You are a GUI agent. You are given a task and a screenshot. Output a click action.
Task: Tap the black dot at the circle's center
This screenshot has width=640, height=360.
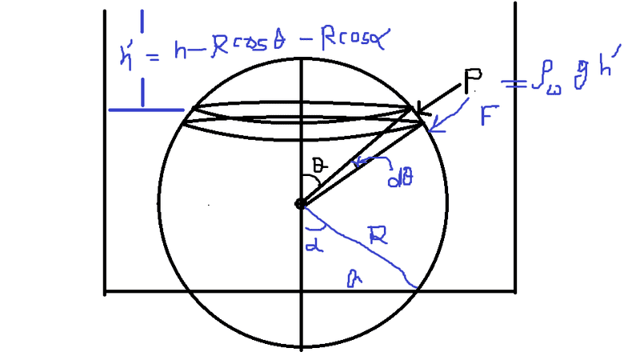pyautogui.click(x=301, y=204)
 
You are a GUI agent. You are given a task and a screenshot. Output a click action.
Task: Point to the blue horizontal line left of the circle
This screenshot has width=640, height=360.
pyautogui.click(x=146, y=109)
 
